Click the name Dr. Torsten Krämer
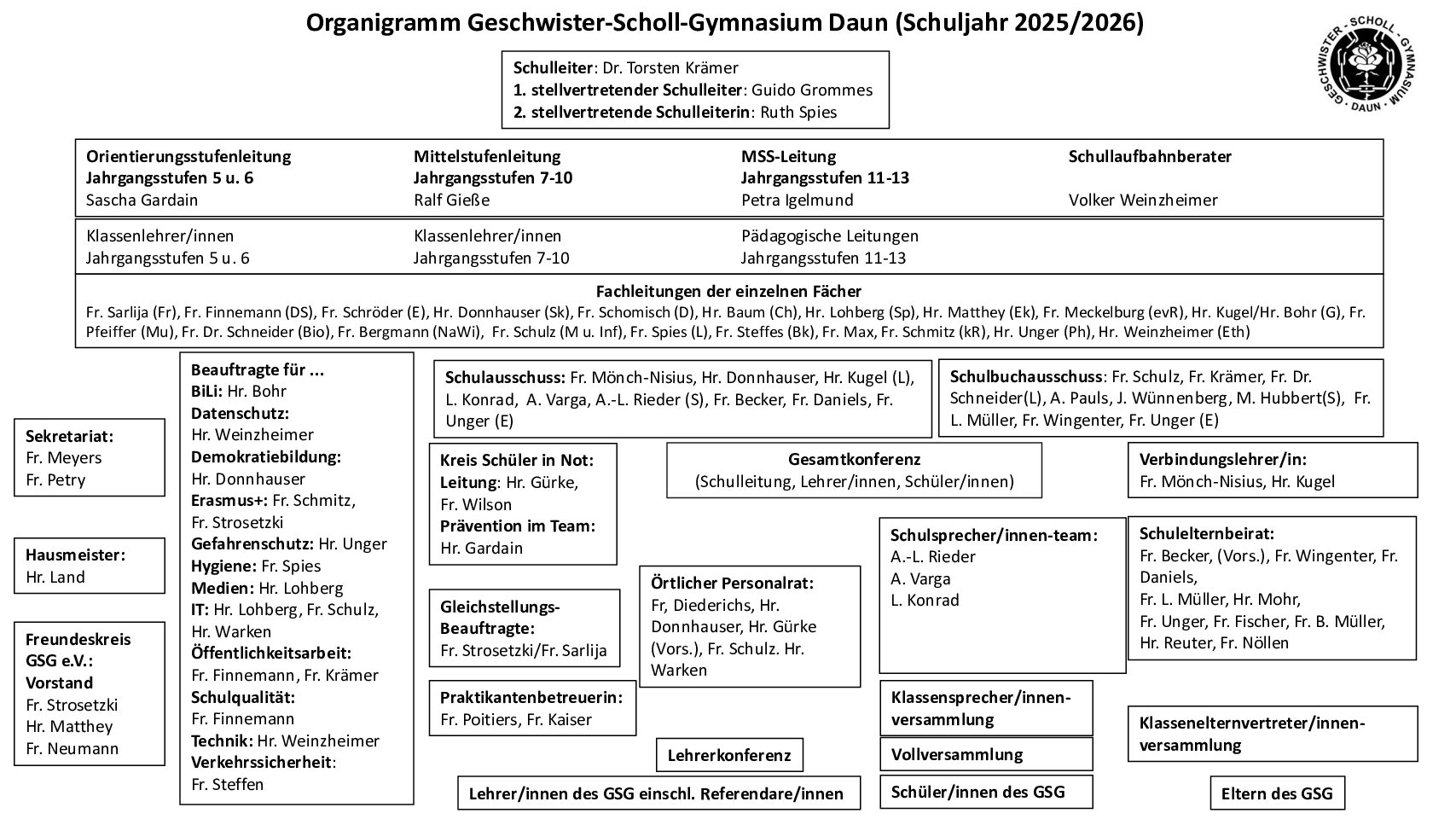pyautogui.click(x=670, y=67)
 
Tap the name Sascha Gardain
pyautogui.click(x=142, y=200)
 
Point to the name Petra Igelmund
pyautogui.click(x=797, y=200)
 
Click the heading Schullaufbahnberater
pyautogui.click(x=1150, y=156)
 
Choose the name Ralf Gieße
pyautogui.click(x=451, y=200)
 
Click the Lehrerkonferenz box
pyautogui.click(x=729, y=755)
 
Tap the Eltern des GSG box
pyautogui.click(x=1276, y=793)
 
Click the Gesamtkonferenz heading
pyautogui.click(x=854, y=459)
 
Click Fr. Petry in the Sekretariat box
pyautogui.click(x=55, y=479)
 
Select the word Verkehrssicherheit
pyautogui.click(x=261, y=762)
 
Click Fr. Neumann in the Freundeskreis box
pyautogui.click(x=72, y=748)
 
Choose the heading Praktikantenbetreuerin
pyautogui.click(x=531, y=697)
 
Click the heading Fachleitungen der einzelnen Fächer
pyautogui.click(x=728, y=291)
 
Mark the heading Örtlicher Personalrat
pyautogui.click(x=732, y=583)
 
